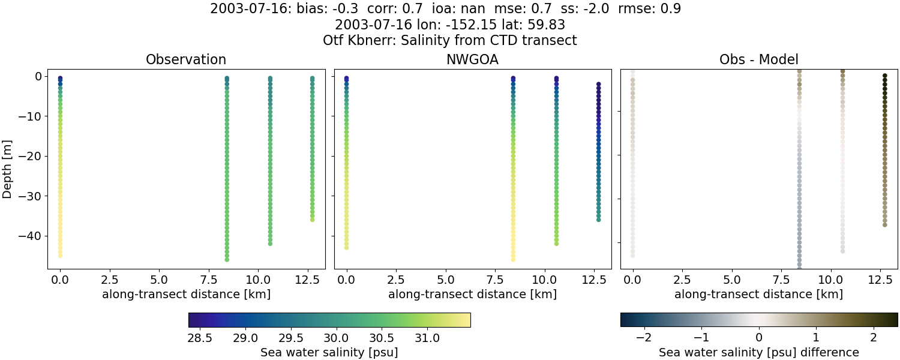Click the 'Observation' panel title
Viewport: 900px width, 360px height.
coord(186,59)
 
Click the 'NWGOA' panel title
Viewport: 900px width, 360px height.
coord(472,59)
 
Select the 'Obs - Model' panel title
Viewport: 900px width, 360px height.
coord(758,59)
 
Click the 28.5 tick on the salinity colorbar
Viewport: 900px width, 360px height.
coord(200,338)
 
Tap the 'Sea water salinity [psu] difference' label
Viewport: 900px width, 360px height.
coord(759,352)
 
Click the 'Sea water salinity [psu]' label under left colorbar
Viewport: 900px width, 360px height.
coord(329,352)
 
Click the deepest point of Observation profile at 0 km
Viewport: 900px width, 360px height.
coord(60,255)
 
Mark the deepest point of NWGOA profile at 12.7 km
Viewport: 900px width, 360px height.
coord(598,220)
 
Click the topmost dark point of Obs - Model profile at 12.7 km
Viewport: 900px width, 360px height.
coord(884,76)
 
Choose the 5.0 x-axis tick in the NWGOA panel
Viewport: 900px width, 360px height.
coord(445,279)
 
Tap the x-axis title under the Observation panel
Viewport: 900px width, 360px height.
coord(186,294)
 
